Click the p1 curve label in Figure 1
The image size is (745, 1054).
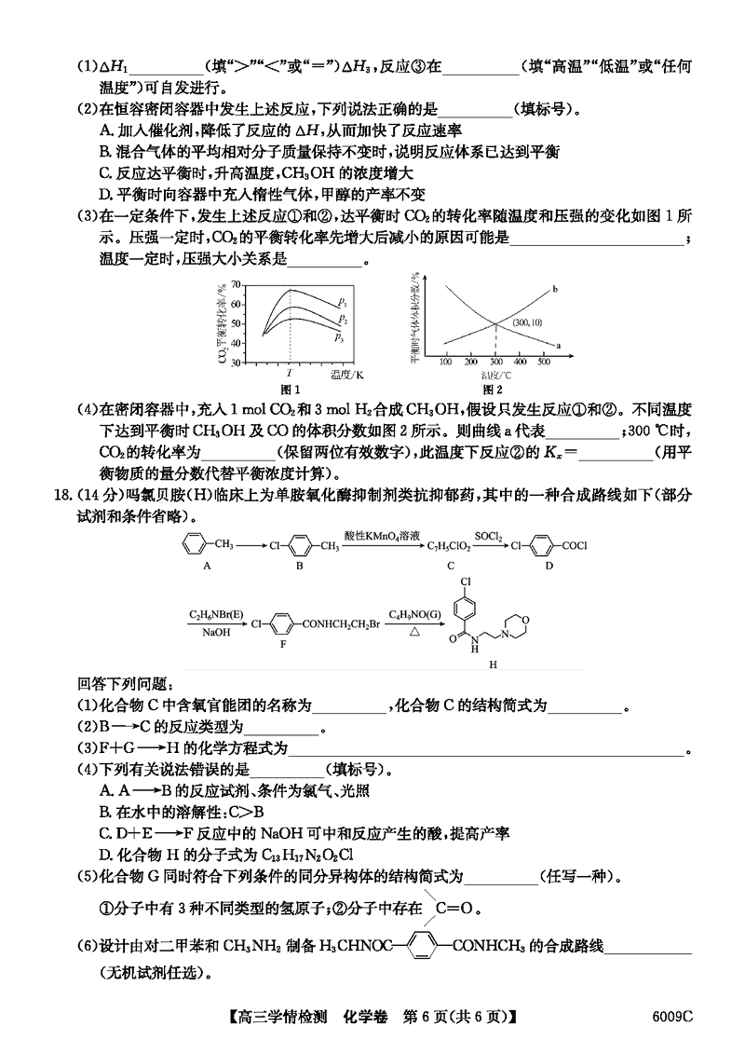(x=344, y=302)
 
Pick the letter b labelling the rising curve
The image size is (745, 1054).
(x=554, y=290)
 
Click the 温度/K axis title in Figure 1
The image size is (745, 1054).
(x=345, y=374)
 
